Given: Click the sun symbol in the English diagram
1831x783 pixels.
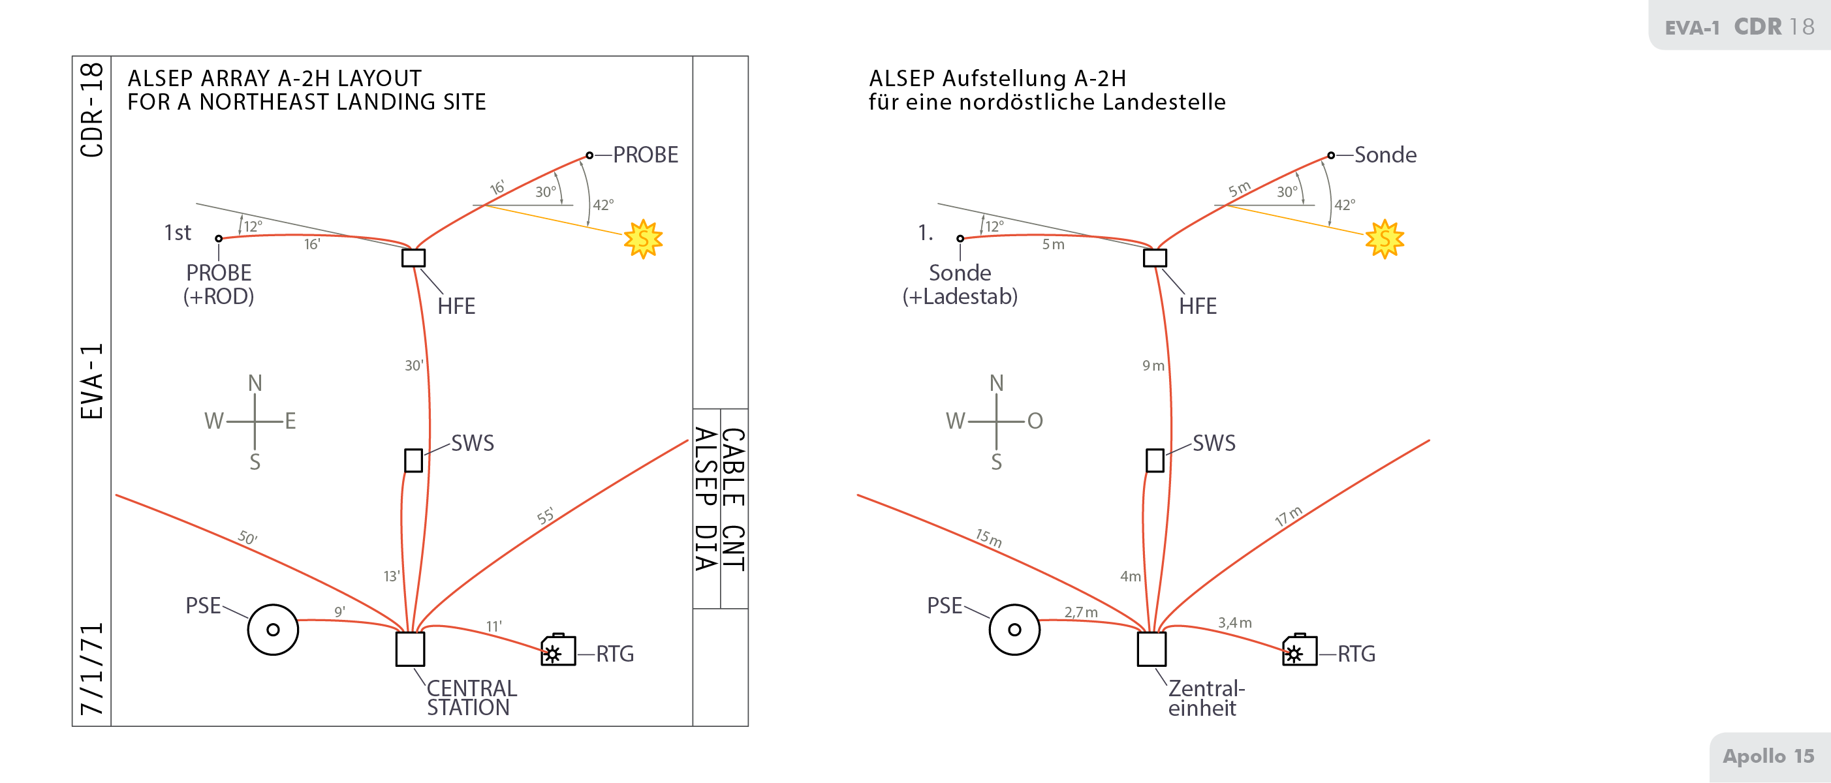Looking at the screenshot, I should pyautogui.click(x=643, y=239).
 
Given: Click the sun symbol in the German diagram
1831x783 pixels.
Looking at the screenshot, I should pyautogui.click(x=1385, y=239).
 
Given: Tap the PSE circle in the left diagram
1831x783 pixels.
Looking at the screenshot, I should pyautogui.click(x=273, y=630).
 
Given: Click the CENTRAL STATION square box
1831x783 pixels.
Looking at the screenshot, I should pyautogui.click(x=410, y=649).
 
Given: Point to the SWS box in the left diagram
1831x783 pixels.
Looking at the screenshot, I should pyautogui.click(x=413, y=461).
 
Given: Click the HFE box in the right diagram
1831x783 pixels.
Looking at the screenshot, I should pyautogui.click(x=1154, y=258).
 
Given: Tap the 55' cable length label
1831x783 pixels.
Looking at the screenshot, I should pyautogui.click(x=545, y=517).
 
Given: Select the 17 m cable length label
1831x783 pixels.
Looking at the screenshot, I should pyautogui.click(x=1288, y=517).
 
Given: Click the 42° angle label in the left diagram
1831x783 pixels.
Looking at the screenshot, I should pyautogui.click(x=603, y=205).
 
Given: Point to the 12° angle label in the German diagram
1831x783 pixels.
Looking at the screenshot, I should pyautogui.click(x=994, y=226).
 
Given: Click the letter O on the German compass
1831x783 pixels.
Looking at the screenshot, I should pyautogui.click(x=1035, y=422).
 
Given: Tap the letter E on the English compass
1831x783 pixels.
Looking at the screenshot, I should pyautogui.click(x=290, y=422).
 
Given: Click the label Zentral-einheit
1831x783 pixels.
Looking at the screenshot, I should pyautogui.click(x=1206, y=698).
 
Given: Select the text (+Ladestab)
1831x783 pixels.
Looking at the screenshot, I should pyautogui.click(x=960, y=296).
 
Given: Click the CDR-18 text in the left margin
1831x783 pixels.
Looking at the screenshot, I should pyautogui.click(x=93, y=110).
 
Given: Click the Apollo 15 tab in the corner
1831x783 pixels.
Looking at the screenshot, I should pyautogui.click(x=1768, y=756).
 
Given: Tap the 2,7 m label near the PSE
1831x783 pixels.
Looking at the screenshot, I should pyautogui.click(x=1080, y=612).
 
